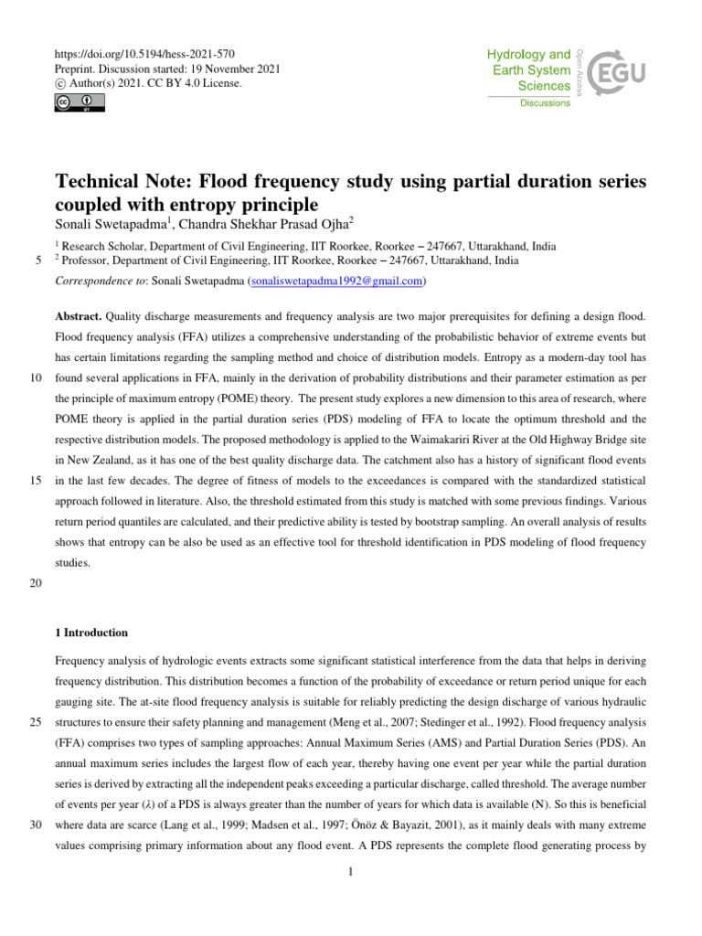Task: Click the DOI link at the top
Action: [151, 55]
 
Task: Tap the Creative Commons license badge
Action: [72, 102]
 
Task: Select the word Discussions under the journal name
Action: [546, 103]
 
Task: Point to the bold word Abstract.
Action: [79, 316]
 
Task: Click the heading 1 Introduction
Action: [91, 633]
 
